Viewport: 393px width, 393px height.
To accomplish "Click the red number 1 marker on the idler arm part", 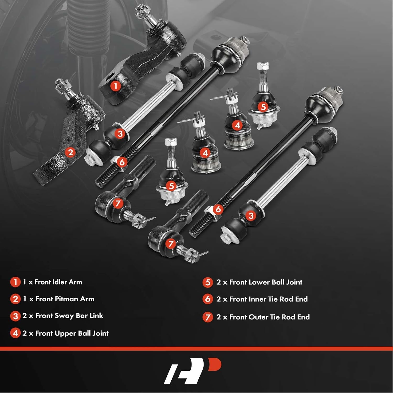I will pos(116,86).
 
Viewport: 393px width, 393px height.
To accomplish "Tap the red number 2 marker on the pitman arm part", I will pos(70,152).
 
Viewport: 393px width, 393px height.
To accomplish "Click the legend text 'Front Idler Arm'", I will pos(58,282).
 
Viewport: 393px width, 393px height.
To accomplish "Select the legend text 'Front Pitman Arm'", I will pos(65,299).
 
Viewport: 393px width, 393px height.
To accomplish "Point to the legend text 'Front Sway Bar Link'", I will pos(69,316).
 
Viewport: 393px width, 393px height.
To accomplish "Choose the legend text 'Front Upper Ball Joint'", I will pos(72,333).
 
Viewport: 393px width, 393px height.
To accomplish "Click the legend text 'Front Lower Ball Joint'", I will pos(266,282).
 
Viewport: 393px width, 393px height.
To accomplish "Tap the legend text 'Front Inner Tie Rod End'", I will pos(268,299).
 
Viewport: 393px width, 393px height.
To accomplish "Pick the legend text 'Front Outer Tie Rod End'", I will pos(269,317).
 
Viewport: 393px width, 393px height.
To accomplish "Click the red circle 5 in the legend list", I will pos(208,282).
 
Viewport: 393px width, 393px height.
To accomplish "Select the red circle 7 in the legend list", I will pos(208,317).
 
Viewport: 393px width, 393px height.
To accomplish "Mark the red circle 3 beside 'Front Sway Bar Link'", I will pos(15,316).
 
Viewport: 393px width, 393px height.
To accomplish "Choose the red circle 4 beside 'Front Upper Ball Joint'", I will pos(15,333).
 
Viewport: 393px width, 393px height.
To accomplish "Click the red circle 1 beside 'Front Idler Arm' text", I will pos(15,282).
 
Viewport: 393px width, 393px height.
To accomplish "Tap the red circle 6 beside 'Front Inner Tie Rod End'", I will pos(208,299).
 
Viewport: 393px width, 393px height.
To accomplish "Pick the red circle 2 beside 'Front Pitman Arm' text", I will pos(15,299).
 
